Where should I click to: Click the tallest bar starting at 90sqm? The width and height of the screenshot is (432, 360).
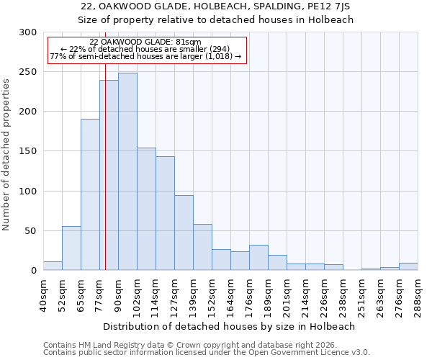pyautogui.click(x=127, y=171)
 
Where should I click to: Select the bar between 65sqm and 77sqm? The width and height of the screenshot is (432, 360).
pyautogui.click(x=90, y=194)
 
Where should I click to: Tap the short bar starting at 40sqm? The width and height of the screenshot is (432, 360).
pyautogui.click(x=53, y=266)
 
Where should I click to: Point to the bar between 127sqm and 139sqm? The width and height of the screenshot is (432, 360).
pyautogui.click(x=184, y=233)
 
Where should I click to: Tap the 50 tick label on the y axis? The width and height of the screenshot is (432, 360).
pyautogui.click(x=31, y=231)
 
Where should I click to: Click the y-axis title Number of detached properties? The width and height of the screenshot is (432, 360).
pyautogui.click(x=6, y=151)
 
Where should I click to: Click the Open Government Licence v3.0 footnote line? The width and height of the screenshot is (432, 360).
pyautogui.click(x=207, y=353)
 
